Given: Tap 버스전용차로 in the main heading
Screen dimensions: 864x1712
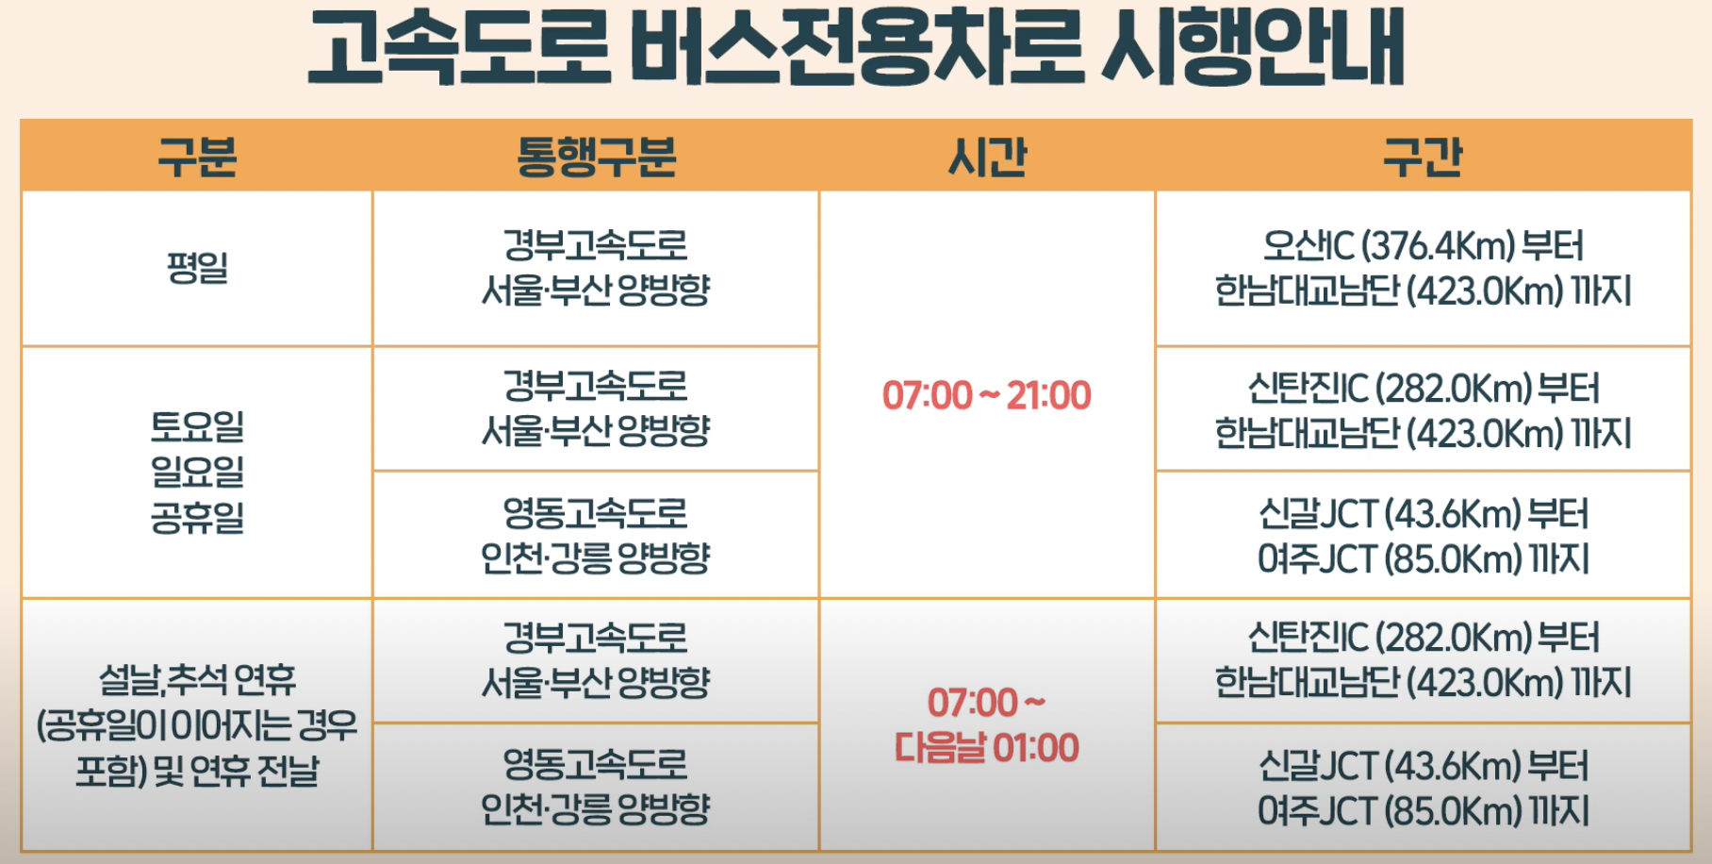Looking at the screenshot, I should point(857,47).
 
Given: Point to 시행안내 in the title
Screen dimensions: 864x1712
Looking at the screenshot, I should point(1253,47).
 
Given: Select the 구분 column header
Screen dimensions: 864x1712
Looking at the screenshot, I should point(197,157).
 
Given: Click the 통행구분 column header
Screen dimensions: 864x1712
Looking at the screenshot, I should point(596,157).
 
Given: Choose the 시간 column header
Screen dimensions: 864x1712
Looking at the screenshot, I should point(987,157).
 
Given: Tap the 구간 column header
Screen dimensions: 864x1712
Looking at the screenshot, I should point(1423,157).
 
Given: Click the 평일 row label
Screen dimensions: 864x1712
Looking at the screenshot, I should point(197,268).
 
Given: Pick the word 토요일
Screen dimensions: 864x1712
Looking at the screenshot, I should point(197,426).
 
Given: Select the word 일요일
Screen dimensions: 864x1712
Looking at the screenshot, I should point(197,472).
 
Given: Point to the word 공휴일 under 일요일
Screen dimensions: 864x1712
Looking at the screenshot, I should point(197,517).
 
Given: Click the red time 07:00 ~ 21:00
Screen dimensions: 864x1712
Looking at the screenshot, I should point(986,395).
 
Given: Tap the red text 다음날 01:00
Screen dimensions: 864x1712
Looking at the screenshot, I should point(986,748).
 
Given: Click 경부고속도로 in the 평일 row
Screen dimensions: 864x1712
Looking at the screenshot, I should point(596,245).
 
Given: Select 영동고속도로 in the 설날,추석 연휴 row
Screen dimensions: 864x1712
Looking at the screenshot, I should point(596,764).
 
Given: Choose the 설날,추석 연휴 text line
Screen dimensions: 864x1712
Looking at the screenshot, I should point(197,679).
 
